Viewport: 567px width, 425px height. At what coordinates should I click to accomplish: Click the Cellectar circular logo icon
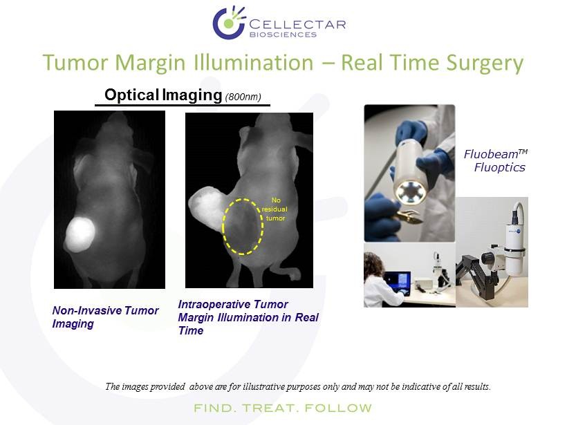tap(229, 22)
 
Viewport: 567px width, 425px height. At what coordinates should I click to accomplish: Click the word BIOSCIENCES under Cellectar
tap(283, 35)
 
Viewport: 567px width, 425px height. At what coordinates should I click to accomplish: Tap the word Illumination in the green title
tap(254, 62)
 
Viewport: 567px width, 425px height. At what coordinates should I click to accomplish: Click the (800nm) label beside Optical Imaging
tap(243, 97)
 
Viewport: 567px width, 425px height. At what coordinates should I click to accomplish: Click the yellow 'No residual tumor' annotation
tap(275, 209)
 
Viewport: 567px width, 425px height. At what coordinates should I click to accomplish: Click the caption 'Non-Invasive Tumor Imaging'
tap(106, 317)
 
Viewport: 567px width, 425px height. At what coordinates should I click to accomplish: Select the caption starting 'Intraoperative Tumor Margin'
tap(248, 317)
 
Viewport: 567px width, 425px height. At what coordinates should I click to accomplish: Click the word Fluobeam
tap(491, 154)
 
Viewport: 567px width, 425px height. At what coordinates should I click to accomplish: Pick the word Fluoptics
tap(499, 167)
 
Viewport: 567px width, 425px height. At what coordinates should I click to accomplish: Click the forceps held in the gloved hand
tap(408, 216)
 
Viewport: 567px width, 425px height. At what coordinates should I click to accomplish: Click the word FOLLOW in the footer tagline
tap(338, 408)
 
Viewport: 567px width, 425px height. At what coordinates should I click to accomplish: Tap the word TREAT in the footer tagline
tap(270, 408)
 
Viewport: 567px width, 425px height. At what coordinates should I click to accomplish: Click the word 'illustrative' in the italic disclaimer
tap(263, 387)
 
